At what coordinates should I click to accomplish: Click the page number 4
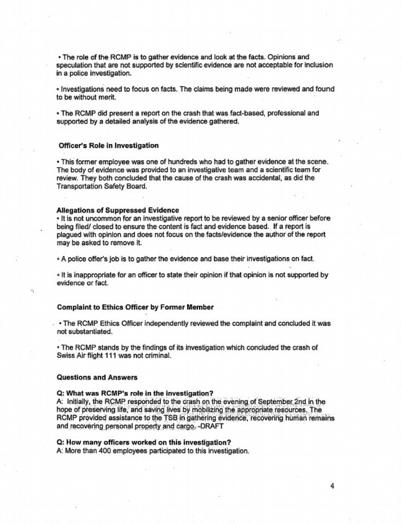click(x=332, y=486)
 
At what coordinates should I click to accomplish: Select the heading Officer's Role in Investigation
click(x=108, y=146)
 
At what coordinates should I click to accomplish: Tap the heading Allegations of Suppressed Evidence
click(x=118, y=210)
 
